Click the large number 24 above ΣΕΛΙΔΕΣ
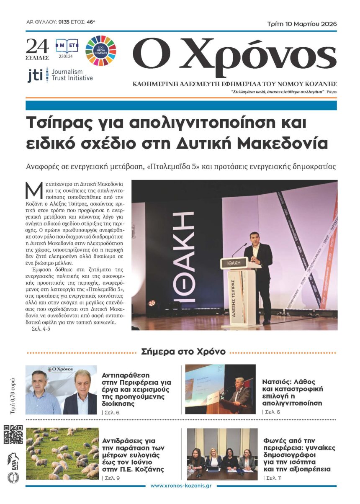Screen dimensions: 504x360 click(37, 46)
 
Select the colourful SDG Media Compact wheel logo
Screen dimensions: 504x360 click(100, 51)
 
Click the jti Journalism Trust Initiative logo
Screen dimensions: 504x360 click(60, 75)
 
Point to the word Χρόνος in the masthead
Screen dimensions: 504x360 click(258, 57)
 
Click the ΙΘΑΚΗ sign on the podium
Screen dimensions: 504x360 click(240, 265)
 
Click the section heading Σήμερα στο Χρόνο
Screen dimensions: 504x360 click(183, 352)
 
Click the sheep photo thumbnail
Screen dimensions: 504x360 click(62, 453)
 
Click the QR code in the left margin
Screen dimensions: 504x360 click(13, 434)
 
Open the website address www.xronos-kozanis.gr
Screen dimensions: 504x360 click(180, 486)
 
